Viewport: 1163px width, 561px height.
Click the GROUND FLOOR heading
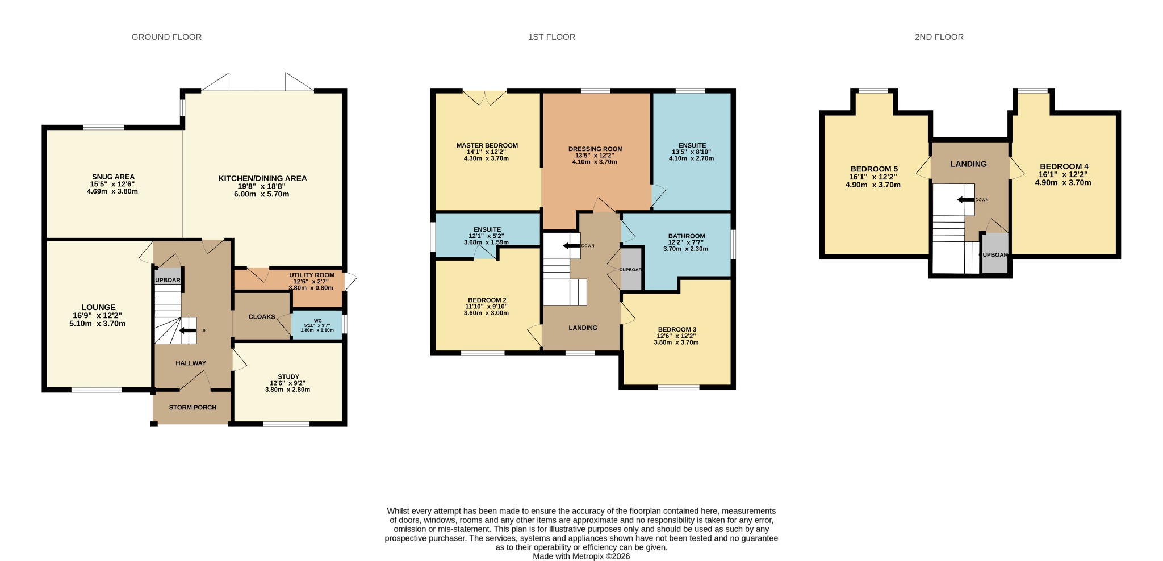[166, 37]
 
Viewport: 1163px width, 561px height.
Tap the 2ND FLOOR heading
[939, 37]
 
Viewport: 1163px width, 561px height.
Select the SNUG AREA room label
[114, 177]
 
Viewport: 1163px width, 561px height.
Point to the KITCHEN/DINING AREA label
[262, 178]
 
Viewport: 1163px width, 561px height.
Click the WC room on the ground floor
[317, 325]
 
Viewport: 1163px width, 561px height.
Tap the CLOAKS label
[262, 317]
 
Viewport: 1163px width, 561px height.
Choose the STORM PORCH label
[193, 407]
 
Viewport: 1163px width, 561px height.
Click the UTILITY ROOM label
[312, 275]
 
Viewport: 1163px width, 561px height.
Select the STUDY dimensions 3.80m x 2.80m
[287, 390]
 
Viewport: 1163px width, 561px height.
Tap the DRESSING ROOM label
[595, 149]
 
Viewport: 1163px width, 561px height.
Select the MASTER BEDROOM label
[487, 145]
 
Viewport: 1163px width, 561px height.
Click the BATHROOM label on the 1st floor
[687, 236]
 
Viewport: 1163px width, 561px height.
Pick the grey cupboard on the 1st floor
[631, 269]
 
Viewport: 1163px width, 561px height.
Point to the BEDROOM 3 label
[677, 329]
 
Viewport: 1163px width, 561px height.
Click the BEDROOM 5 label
[874, 169]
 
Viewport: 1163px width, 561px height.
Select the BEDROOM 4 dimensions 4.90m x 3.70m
[1063, 183]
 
